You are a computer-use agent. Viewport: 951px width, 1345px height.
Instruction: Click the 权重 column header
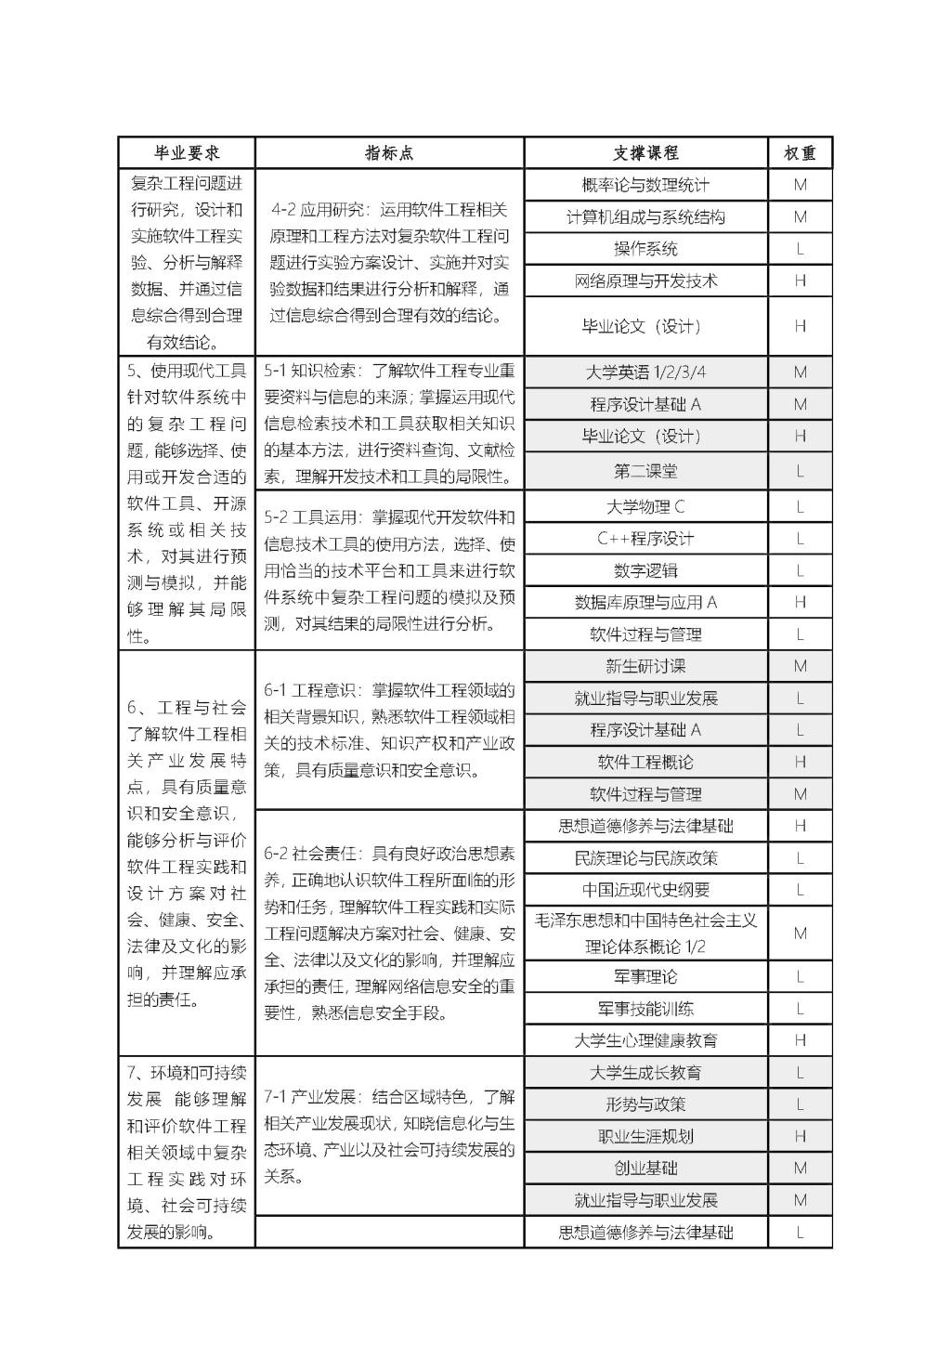800,153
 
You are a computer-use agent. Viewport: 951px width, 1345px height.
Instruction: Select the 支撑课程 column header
645,153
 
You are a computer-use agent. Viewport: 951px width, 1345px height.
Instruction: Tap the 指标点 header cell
389,153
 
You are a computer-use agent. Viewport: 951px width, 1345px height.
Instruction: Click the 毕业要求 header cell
187,153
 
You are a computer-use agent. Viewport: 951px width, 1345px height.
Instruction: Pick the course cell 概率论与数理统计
645,185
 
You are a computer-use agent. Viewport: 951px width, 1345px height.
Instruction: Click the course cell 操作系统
645,249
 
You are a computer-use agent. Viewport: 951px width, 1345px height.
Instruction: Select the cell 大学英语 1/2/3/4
645,372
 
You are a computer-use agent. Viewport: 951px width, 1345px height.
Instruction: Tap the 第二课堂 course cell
645,471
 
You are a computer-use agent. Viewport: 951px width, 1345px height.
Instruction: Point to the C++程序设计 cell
645,539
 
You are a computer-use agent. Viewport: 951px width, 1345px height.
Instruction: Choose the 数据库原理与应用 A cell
645,602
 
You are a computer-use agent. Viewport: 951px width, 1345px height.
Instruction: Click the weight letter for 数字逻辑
800,570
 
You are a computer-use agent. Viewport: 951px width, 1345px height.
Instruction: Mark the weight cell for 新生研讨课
800,666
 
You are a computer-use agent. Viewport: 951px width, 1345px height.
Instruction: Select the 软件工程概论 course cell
645,763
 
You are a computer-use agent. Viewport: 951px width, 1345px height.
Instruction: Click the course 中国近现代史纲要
645,890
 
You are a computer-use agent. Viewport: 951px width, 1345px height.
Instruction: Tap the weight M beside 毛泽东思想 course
800,934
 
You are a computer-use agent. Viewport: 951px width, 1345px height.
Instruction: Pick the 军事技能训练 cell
645,1009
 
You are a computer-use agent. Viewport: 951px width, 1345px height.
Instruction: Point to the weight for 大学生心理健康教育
800,1040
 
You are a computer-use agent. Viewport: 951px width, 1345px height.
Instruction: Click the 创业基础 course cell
645,1169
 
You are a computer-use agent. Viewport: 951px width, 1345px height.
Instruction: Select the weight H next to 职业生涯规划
800,1136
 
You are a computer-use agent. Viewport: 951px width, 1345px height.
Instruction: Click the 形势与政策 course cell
645,1104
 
